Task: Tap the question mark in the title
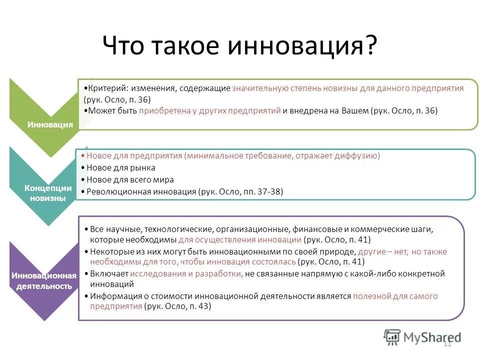[369, 46]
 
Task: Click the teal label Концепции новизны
[45, 193]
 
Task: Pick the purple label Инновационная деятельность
[44, 281]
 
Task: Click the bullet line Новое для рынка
[120, 168]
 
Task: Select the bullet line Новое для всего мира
[130, 179]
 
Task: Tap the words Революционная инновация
[141, 191]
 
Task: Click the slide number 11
[447, 343]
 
